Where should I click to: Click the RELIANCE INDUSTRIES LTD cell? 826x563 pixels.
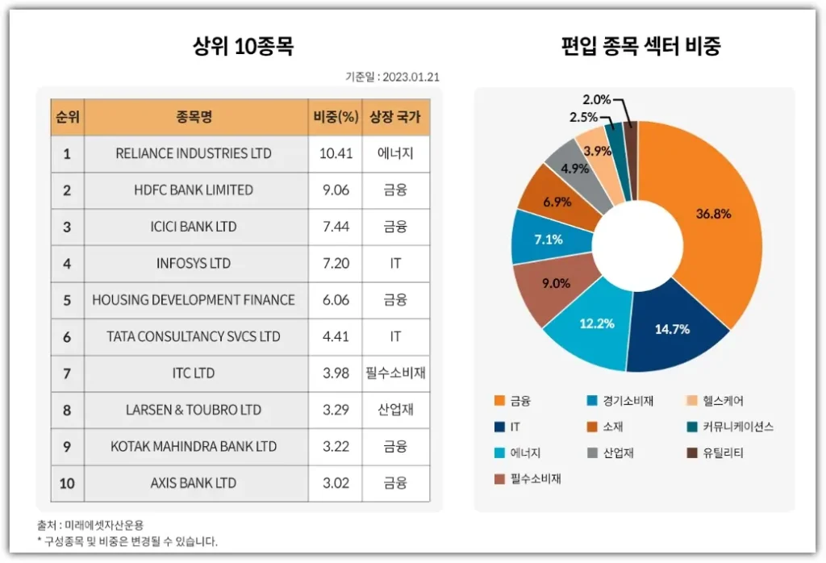click(194, 153)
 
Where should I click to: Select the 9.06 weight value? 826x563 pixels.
click(336, 190)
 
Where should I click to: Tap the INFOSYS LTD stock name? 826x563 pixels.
click(194, 264)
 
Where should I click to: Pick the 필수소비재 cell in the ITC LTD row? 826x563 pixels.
click(395, 373)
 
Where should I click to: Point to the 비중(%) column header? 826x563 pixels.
click(336, 117)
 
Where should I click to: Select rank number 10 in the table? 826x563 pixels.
click(67, 483)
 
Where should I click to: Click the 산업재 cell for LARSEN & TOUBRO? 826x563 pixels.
click(395, 410)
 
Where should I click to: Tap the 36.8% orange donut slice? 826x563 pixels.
click(715, 215)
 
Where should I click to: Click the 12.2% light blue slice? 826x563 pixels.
click(597, 323)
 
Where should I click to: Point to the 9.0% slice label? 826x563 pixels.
click(557, 283)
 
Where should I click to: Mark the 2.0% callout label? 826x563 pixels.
click(597, 100)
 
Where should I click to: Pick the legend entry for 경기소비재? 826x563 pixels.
click(620, 401)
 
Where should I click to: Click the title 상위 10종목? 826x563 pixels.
click(243, 47)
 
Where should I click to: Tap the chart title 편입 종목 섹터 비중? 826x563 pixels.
click(640, 46)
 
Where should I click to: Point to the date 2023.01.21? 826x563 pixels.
click(411, 77)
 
